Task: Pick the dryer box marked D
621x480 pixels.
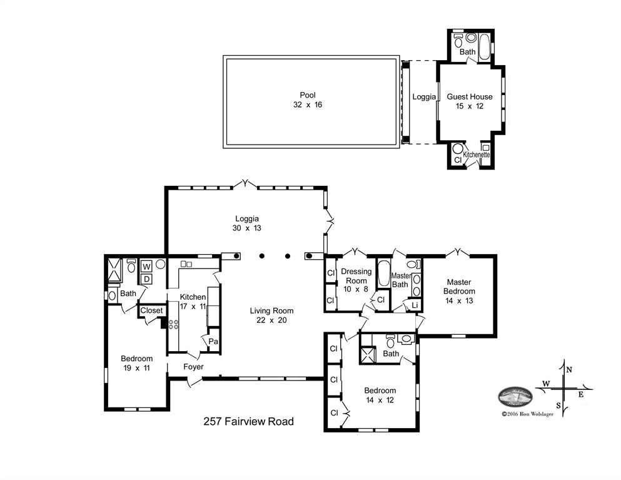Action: coord(146,278)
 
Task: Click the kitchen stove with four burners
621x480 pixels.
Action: coord(173,324)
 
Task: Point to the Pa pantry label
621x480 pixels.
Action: coord(213,342)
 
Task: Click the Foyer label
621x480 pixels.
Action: coord(193,367)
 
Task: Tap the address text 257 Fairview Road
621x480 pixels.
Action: coord(248,421)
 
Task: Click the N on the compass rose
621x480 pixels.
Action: coord(568,370)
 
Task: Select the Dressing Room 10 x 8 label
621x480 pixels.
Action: coord(356,276)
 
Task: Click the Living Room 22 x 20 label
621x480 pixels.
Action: coord(271,315)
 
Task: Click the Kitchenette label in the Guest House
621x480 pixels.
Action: coord(476,154)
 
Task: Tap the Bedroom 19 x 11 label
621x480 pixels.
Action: coord(136,363)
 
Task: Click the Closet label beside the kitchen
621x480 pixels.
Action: coord(151,310)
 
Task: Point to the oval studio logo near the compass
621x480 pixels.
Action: coord(515,397)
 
